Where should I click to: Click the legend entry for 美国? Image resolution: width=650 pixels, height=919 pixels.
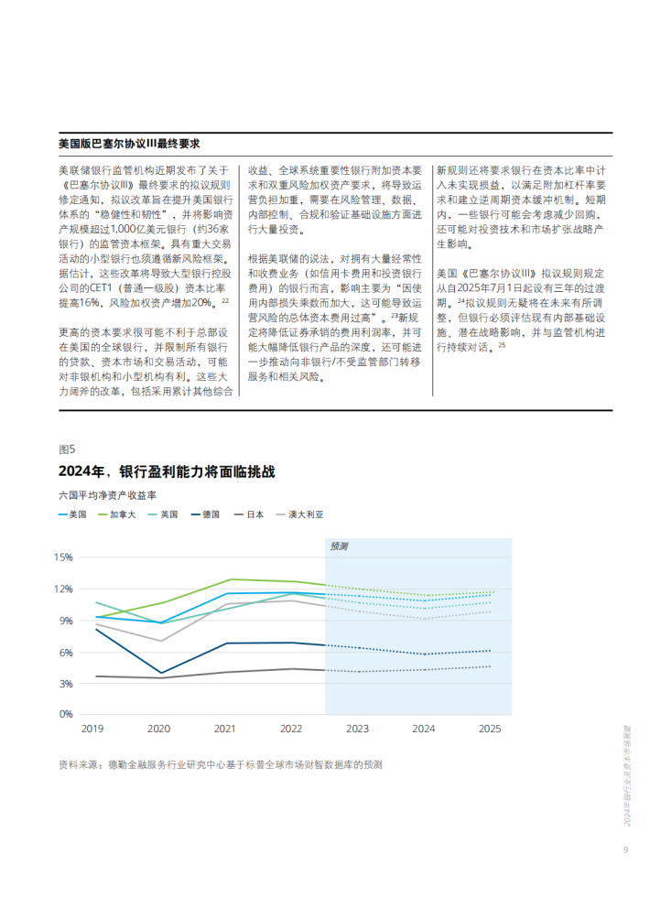coord(72,514)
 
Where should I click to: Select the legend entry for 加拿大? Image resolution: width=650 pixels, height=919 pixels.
coord(117,514)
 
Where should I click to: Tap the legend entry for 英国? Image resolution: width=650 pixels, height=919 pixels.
coord(163,514)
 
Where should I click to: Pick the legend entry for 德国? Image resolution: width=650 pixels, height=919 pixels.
coord(205,514)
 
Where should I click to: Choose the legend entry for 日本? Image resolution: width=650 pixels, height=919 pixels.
coord(249,514)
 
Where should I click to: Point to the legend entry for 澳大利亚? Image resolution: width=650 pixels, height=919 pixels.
coord(299,514)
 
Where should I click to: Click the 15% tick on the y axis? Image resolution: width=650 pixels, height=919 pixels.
coord(63,557)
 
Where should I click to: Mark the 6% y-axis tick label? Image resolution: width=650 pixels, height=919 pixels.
coord(66,653)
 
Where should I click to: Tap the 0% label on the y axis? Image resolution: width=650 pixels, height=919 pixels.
coord(66,715)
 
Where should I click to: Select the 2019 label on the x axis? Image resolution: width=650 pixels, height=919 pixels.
coord(92,730)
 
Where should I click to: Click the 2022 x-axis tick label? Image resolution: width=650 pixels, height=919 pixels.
coord(291,730)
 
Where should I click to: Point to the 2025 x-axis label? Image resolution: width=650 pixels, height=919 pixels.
coord(490,730)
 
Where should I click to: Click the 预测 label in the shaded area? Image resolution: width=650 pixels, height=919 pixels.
coord(339,546)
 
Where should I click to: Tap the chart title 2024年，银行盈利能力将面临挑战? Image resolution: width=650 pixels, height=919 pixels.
coord(167,471)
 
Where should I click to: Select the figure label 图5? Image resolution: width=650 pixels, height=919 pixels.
coord(67,449)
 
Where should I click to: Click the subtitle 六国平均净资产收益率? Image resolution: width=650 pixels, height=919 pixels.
coord(107,495)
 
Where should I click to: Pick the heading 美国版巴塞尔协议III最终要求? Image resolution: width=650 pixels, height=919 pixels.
coord(129,144)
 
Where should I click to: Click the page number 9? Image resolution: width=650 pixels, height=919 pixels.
coord(625,849)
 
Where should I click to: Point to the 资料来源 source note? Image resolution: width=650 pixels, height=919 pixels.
coord(221,765)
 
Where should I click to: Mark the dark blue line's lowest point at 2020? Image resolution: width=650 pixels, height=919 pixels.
coord(162,673)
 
